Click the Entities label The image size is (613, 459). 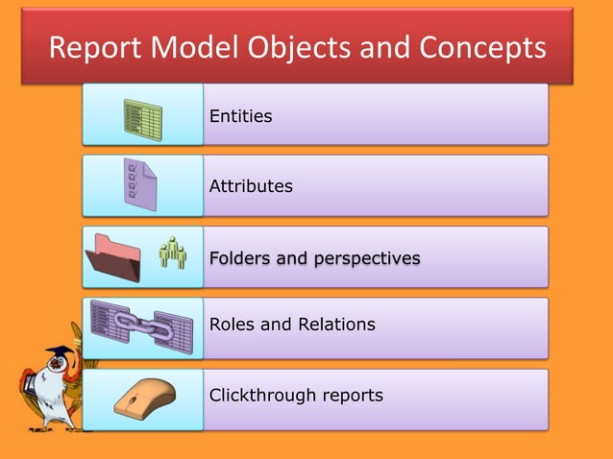tap(240, 116)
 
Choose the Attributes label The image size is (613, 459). tap(251, 186)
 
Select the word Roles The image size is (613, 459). tap(232, 325)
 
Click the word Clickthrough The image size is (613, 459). tap(257, 396)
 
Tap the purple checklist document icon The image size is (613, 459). tap(140, 186)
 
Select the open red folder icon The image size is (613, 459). tap(113, 258)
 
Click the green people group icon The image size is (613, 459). tap(173, 253)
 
